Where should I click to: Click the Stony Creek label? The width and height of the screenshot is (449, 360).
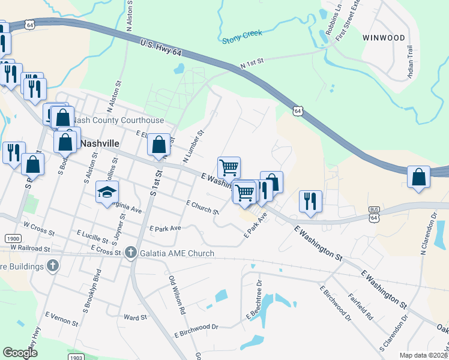[243, 37]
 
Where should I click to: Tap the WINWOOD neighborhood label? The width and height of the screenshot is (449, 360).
[384, 38]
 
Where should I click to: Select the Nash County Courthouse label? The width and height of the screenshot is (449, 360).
[118, 121]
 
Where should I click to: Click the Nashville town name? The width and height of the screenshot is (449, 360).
[99, 144]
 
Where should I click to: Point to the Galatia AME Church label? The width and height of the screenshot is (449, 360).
[176, 253]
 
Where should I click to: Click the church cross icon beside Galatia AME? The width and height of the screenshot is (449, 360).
[131, 253]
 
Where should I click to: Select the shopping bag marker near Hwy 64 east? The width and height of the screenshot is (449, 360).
[418, 178]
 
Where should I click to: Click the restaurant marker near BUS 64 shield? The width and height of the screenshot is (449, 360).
[310, 202]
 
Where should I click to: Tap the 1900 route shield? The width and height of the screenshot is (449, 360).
[11, 238]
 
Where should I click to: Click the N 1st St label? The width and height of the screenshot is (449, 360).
[252, 64]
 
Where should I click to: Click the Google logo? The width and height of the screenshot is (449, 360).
[20, 353]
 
